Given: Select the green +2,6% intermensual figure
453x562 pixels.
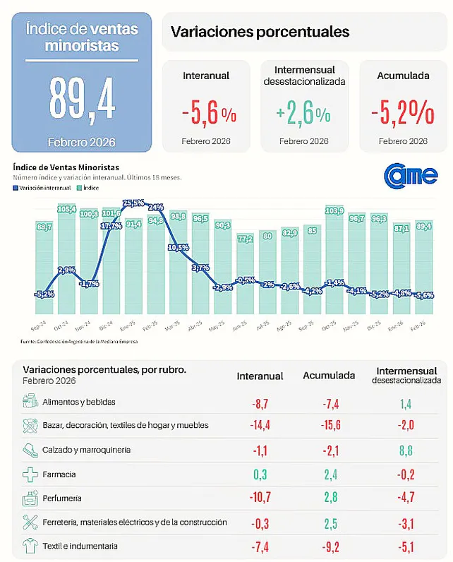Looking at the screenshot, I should (x=303, y=113).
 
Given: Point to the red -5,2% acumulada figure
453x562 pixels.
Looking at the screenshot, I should (x=403, y=113).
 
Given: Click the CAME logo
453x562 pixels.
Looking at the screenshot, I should (x=411, y=175).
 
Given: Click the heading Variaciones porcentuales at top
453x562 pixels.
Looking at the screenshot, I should (x=260, y=32).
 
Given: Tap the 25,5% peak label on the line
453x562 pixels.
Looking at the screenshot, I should (x=133, y=203).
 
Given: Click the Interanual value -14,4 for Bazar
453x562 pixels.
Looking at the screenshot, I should (x=260, y=425).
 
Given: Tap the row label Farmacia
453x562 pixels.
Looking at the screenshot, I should (x=59, y=474).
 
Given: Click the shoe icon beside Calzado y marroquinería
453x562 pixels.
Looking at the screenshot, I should (x=30, y=449).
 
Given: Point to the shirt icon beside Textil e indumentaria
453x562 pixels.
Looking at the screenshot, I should (x=30, y=546).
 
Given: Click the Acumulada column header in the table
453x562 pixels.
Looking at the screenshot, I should (x=329, y=376).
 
